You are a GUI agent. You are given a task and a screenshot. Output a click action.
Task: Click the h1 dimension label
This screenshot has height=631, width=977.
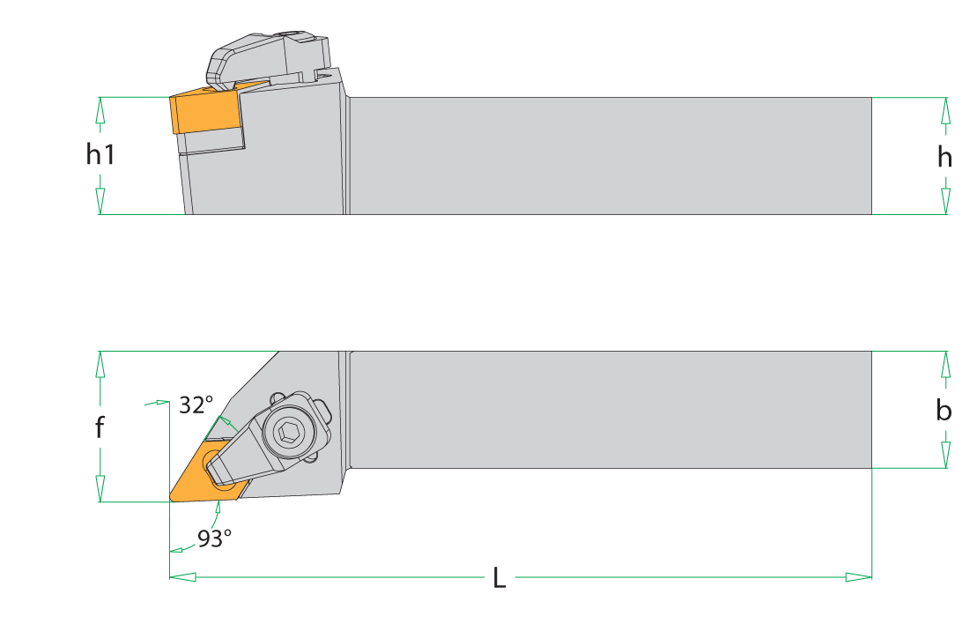(x=100, y=154)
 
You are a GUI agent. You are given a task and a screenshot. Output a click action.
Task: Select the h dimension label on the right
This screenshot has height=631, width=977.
(x=944, y=157)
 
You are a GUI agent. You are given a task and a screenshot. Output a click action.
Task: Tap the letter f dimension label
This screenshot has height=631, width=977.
(x=100, y=427)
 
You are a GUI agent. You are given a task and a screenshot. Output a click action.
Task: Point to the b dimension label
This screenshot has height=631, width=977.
(x=944, y=410)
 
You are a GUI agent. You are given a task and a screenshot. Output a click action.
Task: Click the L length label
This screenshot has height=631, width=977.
(x=500, y=577)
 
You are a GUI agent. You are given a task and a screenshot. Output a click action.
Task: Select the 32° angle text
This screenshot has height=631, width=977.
(x=196, y=405)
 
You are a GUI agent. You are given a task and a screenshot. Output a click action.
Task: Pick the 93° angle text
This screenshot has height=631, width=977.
(x=214, y=538)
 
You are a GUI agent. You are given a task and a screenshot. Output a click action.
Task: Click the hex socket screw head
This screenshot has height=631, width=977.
(x=288, y=431)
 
